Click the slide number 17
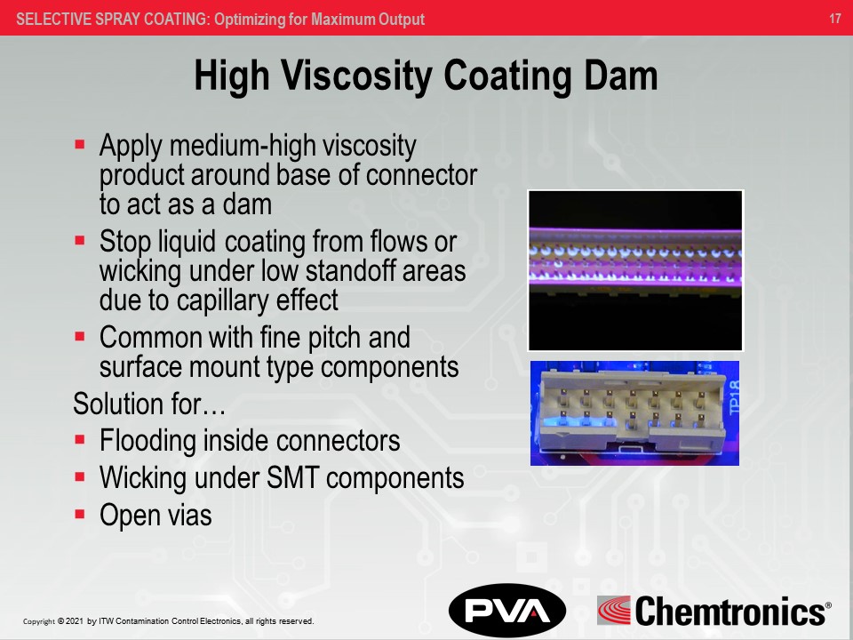(x=834, y=19)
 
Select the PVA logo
(x=506, y=610)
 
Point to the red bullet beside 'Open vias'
(x=80, y=513)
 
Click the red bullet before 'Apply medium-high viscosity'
(x=80, y=142)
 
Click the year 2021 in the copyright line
(x=75, y=621)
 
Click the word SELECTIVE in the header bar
(x=53, y=19)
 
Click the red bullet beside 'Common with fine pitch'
(x=80, y=337)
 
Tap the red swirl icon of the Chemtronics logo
(x=614, y=611)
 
